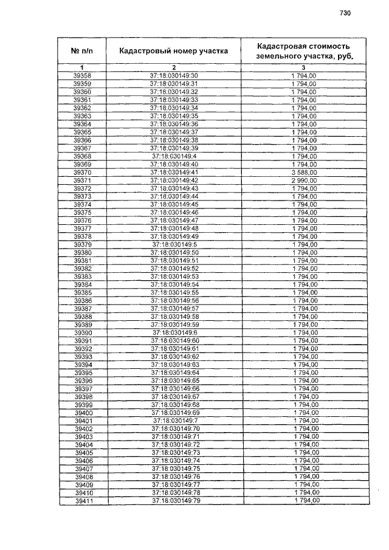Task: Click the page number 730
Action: (x=346, y=13)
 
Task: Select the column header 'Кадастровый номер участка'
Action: (x=174, y=51)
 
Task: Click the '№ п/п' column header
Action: (x=81, y=51)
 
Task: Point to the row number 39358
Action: (x=81, y=75)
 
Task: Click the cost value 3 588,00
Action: (x=304, y=172)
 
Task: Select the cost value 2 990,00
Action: (x=304, y=180)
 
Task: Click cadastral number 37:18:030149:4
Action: (x=174, y=156)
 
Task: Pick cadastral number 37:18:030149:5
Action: (x=174, y=244)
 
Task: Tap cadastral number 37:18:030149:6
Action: (x=174, y=332)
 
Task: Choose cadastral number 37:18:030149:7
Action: (x=174, y=421)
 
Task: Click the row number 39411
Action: (x=83, y=500)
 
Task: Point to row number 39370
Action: (x=81, y=172)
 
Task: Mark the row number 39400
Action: (x=83, y=413)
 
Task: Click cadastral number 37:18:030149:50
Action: (x=174, y=252)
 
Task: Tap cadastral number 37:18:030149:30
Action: (x=174, y=75)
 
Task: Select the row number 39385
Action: (x=82, y=292)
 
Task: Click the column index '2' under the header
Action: (x=174, y=67)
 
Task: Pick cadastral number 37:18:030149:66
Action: (x=174, y=388)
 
